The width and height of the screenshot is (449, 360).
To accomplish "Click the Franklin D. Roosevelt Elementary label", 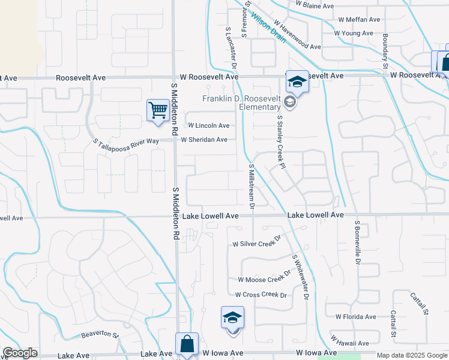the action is pyautogui.click(x=241, y=103).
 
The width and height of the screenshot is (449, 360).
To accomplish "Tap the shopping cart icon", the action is pyautogui.click(x=157, y=110).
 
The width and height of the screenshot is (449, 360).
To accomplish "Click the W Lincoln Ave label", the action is pyautogui.click(x=209, y=126).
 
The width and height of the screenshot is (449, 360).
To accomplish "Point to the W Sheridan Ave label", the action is pyautogui.click(x=204, y=140).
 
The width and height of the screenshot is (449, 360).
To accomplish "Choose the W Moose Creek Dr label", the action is pyautogui.click(x=265, y=278).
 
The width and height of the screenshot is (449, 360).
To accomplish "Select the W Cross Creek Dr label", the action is pyautogui.click(x=261, y=295).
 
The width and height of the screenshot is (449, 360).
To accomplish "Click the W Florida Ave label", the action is pyautogui.click(x=355, y=316).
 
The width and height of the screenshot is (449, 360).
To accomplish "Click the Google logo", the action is pyautogui.click(x=20, y=353).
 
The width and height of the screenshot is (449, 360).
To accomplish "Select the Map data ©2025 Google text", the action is pyautogui.click(x=411, y=355).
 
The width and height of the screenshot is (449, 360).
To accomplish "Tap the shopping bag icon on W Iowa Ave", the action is pyautogui.click(x=187, y=345).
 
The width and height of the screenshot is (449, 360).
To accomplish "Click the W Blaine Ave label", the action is pyautogui.click(x=315, y=5).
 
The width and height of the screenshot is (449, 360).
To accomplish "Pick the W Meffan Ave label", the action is pyautogui.click(x=359, y=19).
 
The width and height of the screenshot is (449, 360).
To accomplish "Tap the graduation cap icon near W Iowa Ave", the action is pyautogui.click(x=232, y=317).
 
